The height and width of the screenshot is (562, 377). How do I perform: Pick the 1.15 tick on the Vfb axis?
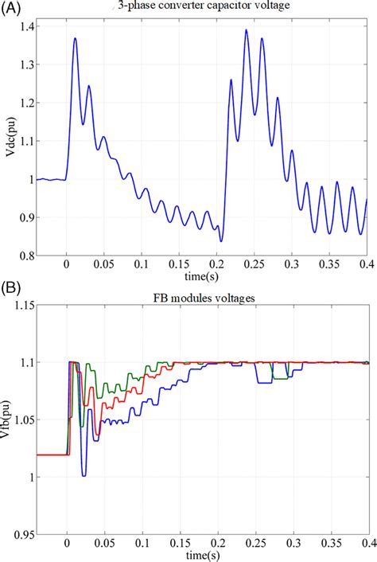[x=22, y=305]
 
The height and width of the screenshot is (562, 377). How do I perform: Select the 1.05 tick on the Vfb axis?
[x=22, y=420]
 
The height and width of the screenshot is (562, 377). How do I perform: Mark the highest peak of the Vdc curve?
[x=247, y=30]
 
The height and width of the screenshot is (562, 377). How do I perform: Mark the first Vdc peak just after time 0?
[x=75, y=38]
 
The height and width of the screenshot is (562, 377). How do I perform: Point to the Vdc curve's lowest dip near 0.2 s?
[x=222, y=240]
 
